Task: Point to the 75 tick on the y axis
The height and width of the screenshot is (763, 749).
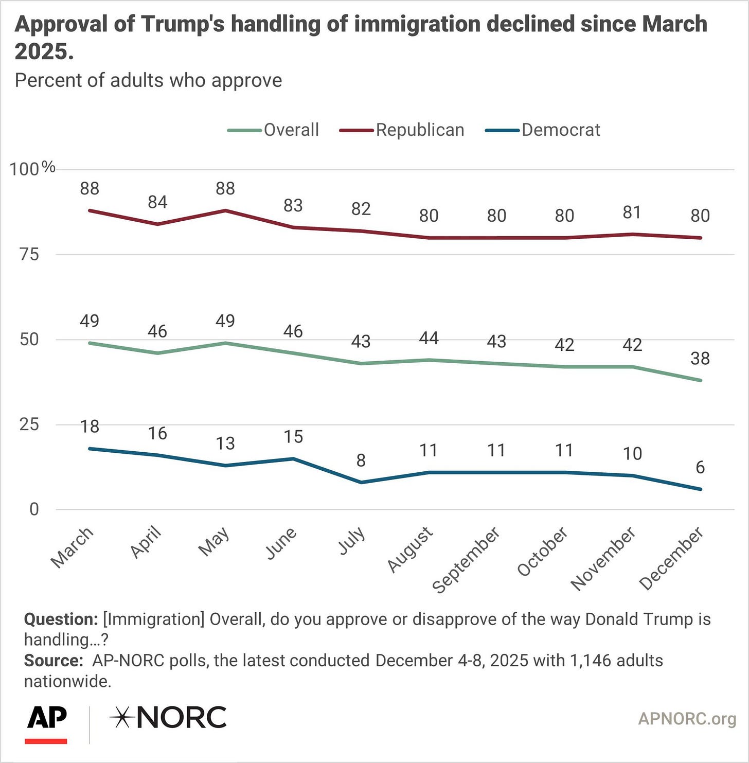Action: pyautogui.click(x=29, y=254)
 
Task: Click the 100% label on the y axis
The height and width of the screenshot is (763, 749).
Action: pyautogui.click(x=32, y=168)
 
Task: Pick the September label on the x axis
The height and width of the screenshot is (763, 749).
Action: pyautogui.click(x=466, y=560)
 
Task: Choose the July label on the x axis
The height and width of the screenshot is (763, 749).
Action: pyautogui.click(x=352, y=541)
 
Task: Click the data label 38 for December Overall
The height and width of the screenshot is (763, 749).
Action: pyautogui.click(x=700, y=359)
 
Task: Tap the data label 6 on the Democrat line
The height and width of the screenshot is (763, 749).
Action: pyautogui.click(x=700, y=467)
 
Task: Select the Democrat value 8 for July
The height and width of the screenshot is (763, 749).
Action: pyautogui.click(x=361, y=460)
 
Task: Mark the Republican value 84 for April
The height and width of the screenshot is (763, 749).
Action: pyautogui.click(x=157, y=202)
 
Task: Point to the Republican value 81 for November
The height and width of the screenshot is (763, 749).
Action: pyautogui.click(x=632, y=212)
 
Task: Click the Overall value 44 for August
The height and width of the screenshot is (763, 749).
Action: pyautogui.click(x=429, y=338)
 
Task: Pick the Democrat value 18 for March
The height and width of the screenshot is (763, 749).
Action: pyautogui.click(x=90, y=427)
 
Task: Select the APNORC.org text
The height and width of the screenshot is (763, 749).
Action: pyautogui.click(x=687, y=719)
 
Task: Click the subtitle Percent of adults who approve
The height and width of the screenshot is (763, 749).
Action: pyautogui.click(x=148, y=81)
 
